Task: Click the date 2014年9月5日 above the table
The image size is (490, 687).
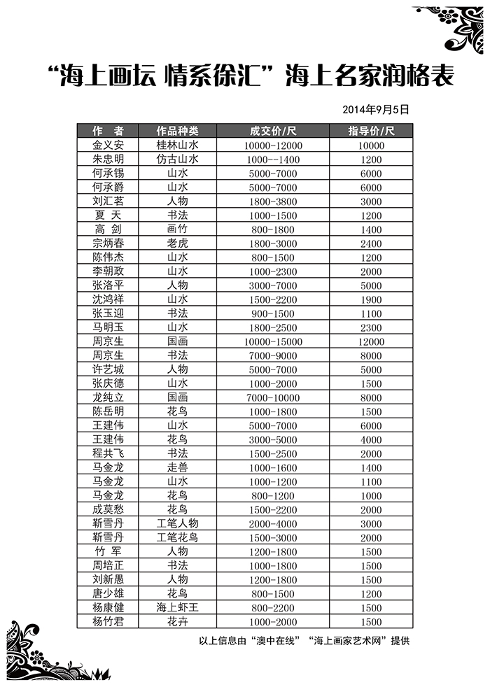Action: click(x=375, y=110)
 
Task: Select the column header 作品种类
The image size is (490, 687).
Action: click(x=177, y=131)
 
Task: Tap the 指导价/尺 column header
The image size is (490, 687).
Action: click(x=371, y=131)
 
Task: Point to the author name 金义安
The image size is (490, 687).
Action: click(x=108, y=145)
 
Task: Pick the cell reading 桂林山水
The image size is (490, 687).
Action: click(x=177, y=145)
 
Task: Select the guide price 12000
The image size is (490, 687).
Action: click(x=371, y=341)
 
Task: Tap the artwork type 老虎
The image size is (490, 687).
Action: click(x=177, y=243)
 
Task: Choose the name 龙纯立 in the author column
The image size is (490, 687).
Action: click(x=108, y=397)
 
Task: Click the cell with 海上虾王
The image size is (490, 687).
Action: click(x=177, y=608)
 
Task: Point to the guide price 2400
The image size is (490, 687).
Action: click(x=371, y=243)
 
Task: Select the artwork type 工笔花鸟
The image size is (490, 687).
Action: click(x=177, y=537)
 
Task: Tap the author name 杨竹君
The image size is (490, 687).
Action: click(x=108, y=622)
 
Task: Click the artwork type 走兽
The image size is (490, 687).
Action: click(x=177, y=467)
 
